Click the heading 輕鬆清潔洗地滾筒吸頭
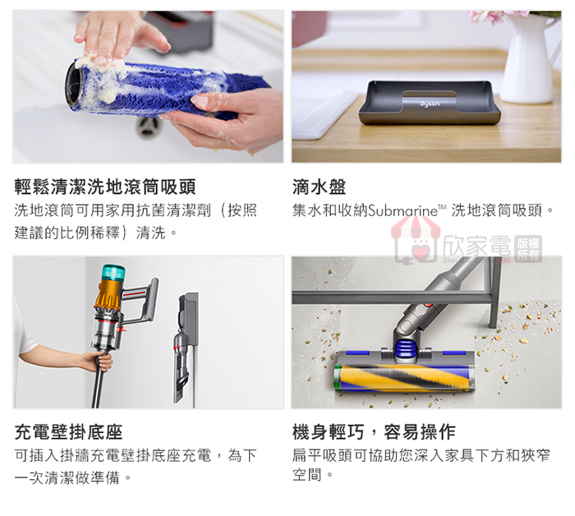click(105, 187)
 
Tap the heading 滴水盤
click(319, 187)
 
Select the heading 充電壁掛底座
click(68, 431)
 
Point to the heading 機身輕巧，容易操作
click(374, 431)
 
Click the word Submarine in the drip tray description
click(402, 210)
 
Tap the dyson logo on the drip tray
click(430, 104)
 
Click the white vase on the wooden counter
click(530, 59)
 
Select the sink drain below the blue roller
click(148, 127)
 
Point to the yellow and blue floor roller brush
click(402, 377)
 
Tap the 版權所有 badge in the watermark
click(528, 249)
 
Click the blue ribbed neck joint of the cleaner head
click(405, 348)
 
